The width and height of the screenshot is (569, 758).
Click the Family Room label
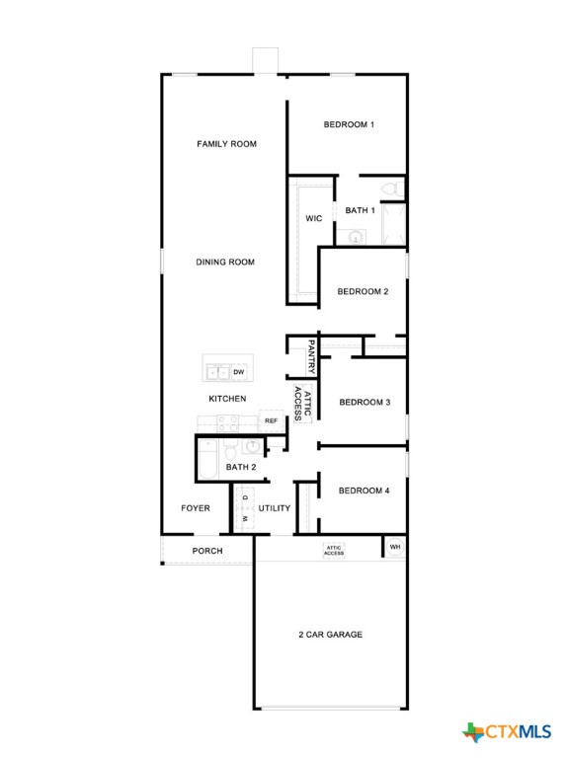[226, 144]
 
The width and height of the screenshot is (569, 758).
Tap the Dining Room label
[225, 263]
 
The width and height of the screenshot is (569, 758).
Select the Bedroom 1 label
[349, 125]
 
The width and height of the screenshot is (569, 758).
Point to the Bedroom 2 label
[363, 292]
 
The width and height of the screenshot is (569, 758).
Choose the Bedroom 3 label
[365, 403]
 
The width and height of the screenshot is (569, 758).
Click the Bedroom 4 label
[365, 491]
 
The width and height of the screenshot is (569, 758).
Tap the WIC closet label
[314, 218]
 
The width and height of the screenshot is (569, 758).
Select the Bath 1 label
[360, 210]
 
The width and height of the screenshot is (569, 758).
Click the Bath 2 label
[241, 467]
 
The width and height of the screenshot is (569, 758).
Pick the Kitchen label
[227, 399]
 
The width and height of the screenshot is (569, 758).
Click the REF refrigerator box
[271, 421]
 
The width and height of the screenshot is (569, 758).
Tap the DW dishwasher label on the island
[239, 372]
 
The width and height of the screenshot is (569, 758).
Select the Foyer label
[196, 508]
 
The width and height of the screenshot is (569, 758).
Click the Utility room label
[275, 508]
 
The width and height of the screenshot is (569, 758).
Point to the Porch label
[207, 551]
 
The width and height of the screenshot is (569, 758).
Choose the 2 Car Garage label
[331, 634]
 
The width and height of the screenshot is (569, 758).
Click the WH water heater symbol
[395, 547]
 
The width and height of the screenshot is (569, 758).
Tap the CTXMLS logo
[506, 731]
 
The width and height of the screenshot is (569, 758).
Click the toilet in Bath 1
[390, 188]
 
